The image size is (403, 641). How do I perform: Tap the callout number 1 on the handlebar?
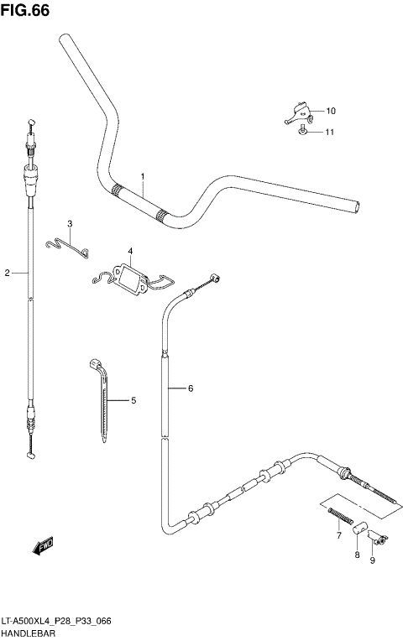143,176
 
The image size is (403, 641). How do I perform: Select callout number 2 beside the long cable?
8,273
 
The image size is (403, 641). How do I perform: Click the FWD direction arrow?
43,547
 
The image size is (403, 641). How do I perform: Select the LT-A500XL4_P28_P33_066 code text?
57,621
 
